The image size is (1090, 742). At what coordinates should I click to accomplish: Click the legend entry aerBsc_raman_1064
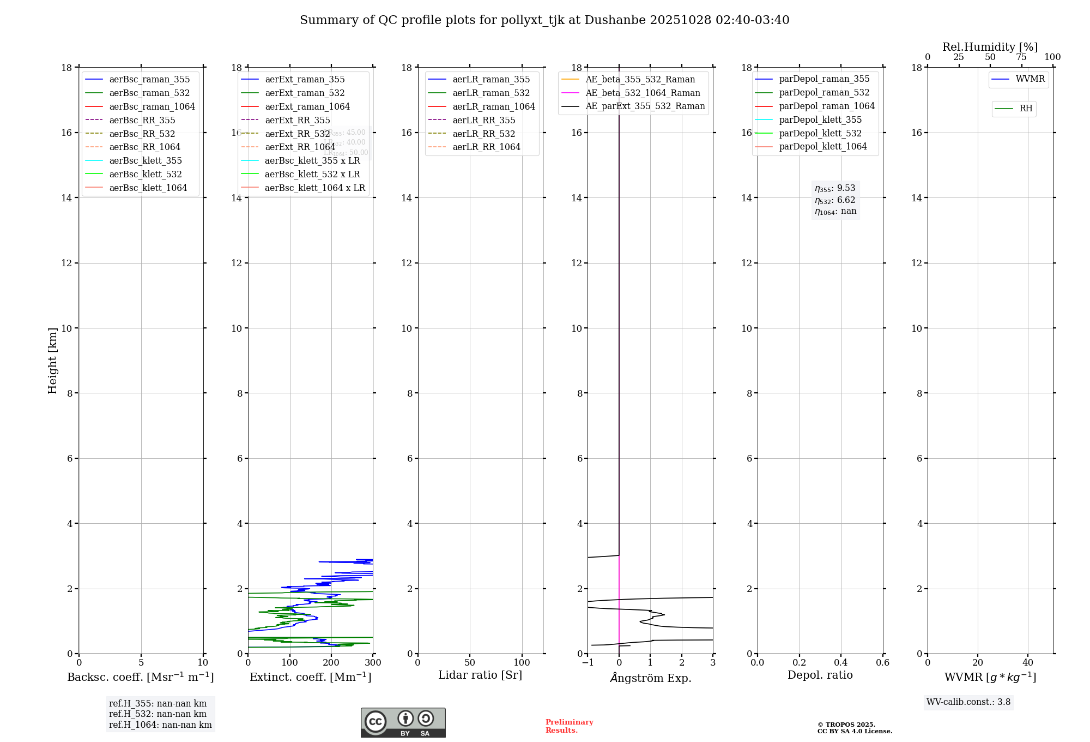click(152, 106)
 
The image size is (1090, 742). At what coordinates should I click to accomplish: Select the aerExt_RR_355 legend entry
click(297, 120)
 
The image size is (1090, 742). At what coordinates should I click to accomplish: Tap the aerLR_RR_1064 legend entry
click(486, 147)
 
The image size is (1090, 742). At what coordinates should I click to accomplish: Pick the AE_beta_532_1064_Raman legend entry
click(643, 93)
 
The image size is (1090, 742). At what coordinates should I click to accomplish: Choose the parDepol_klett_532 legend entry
click(820, 133)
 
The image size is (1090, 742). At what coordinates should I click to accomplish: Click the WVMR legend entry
click(1030, 79)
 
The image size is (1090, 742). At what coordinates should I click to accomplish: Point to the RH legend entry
click(1026, 109)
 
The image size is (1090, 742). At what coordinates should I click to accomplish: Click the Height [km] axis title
click(52, 361)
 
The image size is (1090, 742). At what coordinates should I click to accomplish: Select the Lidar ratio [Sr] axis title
click(480, 675)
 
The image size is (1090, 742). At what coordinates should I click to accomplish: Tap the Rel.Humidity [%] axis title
click(990, 47)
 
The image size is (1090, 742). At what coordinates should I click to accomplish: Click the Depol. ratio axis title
click(820, 675)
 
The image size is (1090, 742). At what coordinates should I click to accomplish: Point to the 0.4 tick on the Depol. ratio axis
click(841, 663)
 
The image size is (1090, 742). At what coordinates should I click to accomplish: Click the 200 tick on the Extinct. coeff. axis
click(331, 663)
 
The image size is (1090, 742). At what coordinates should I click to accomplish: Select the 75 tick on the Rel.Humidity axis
click(1021, 57)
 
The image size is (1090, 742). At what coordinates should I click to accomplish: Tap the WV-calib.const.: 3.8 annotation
click(968, 702)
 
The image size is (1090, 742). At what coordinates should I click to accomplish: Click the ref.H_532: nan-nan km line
click(158, 714)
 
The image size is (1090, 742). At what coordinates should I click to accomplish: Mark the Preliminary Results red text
click(569, 726)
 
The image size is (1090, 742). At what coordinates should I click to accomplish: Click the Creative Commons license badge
click(403, 723)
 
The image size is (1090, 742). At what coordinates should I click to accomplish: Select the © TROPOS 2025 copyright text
click(846, 725)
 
